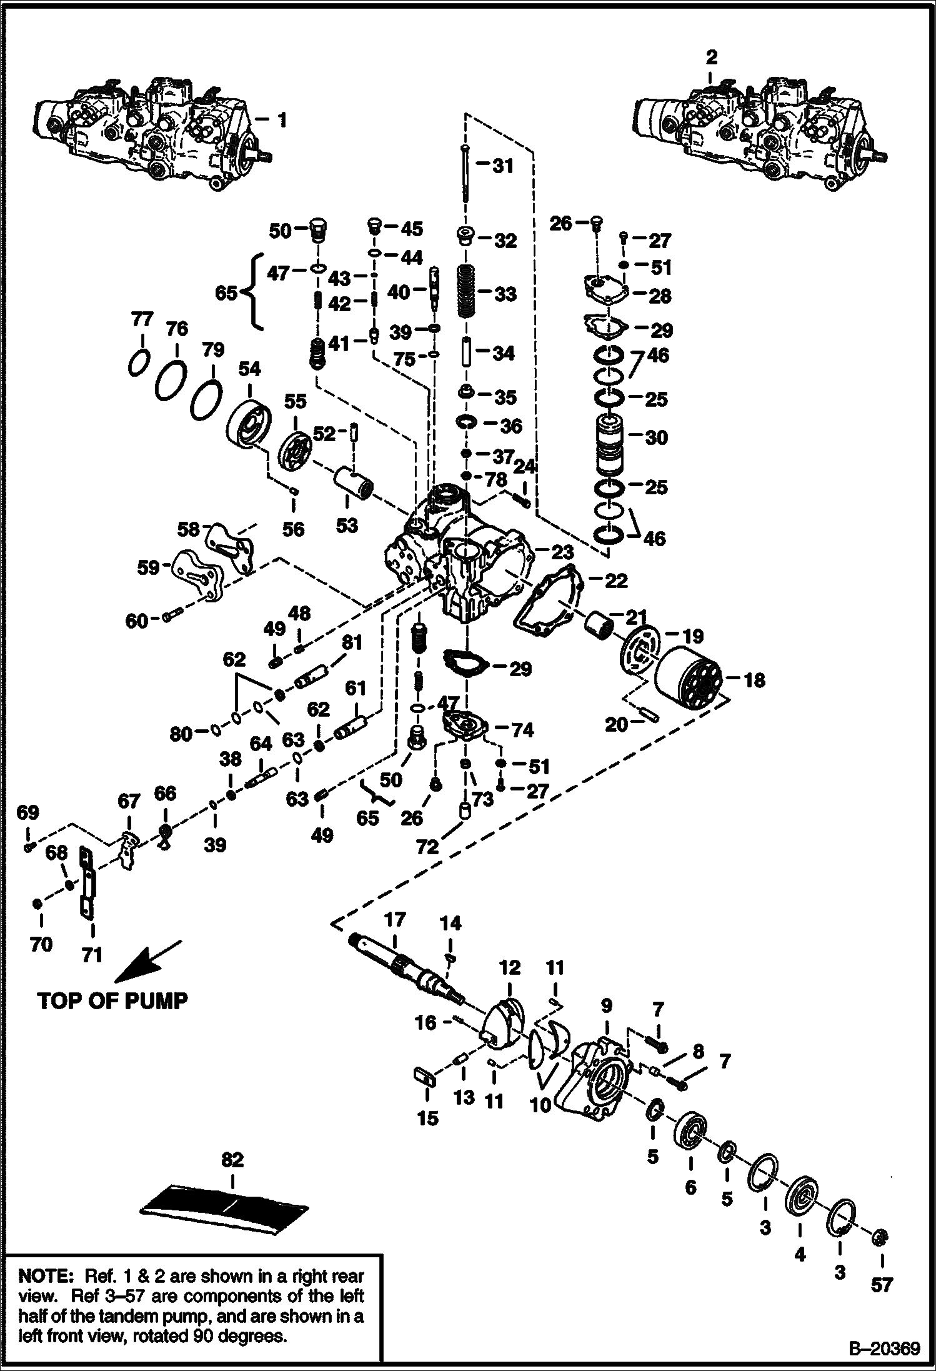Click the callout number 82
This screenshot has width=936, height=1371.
point(232,1160)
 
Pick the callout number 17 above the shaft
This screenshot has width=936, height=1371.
point(395,920)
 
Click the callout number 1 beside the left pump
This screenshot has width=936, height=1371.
point(282,119)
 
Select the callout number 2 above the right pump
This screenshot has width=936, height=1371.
point(712,57)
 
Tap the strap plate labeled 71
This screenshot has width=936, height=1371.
point(86,882)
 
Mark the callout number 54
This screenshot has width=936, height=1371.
point(249,369)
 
